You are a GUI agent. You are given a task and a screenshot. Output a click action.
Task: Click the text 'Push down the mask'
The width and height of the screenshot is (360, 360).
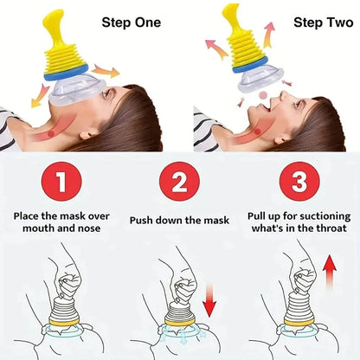point(179,221)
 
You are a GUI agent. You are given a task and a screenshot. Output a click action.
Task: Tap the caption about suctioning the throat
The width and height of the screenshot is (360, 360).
point(298,220)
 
